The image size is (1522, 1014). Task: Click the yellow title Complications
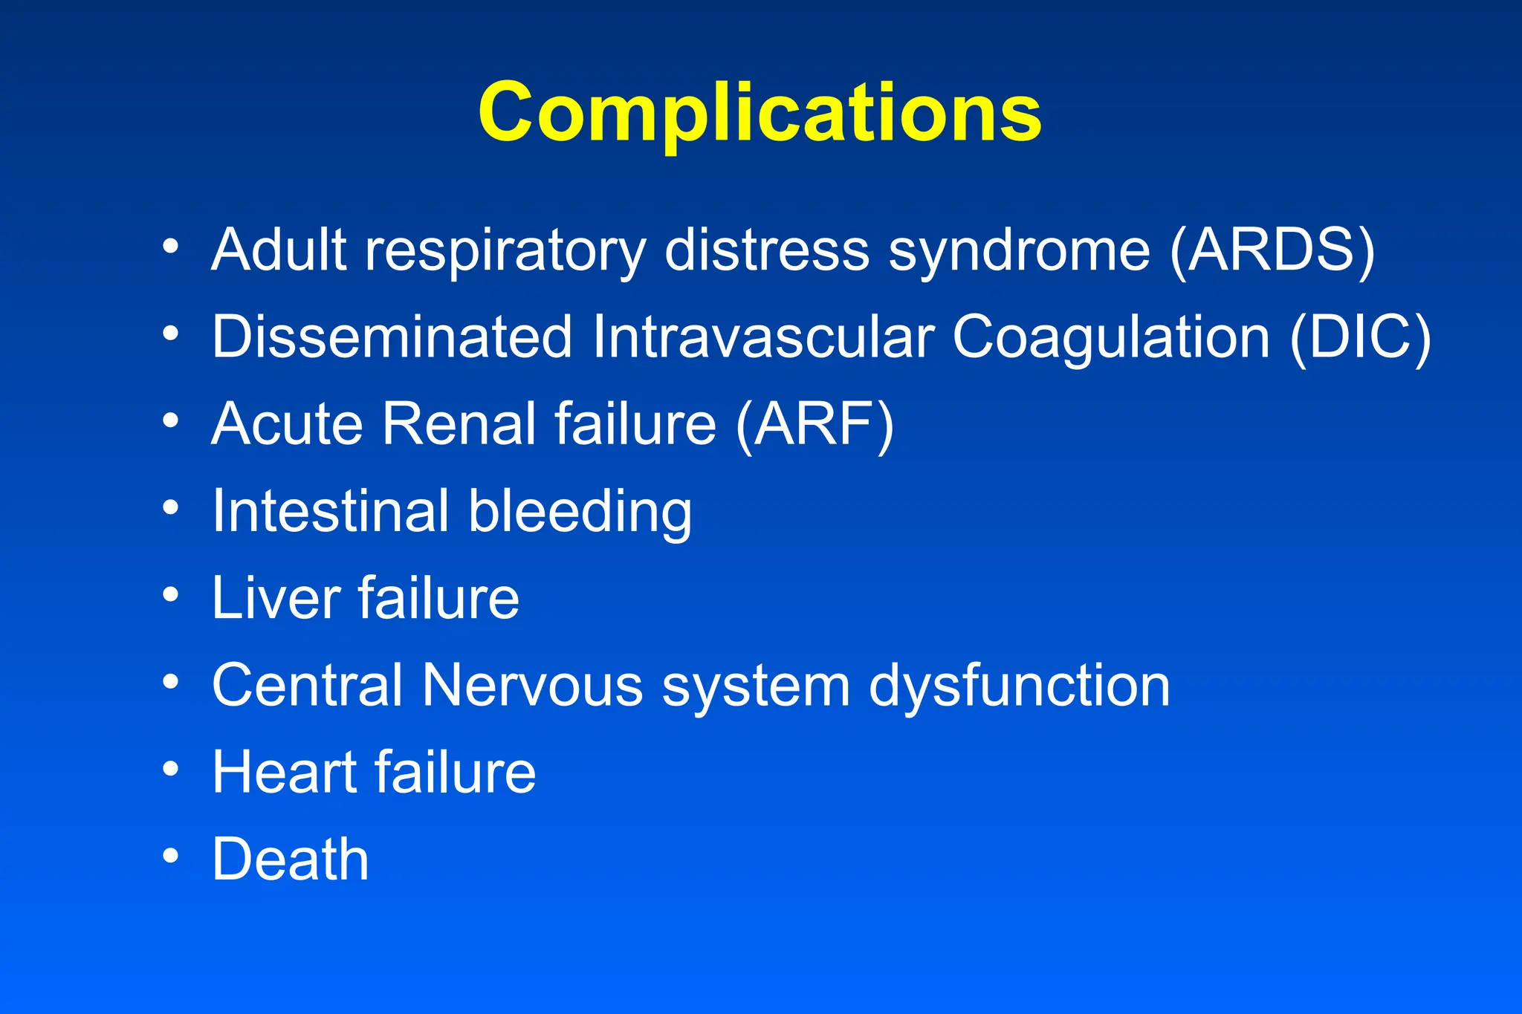[760, 113]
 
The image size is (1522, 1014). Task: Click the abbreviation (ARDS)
[1272, 250]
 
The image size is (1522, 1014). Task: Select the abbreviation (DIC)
[1359, 337]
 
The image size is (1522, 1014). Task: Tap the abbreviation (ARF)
[815, 424]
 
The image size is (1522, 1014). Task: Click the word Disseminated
[392, 337]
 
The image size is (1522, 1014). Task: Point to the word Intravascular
[762, 337]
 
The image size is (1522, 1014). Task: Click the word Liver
[276, 598]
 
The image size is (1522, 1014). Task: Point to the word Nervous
[532, 685]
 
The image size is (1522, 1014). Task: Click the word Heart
[285, 773]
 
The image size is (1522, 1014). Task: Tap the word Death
[291, 859]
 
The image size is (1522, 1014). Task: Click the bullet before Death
[171, 857]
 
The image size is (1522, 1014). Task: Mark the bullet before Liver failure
[171, 594]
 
